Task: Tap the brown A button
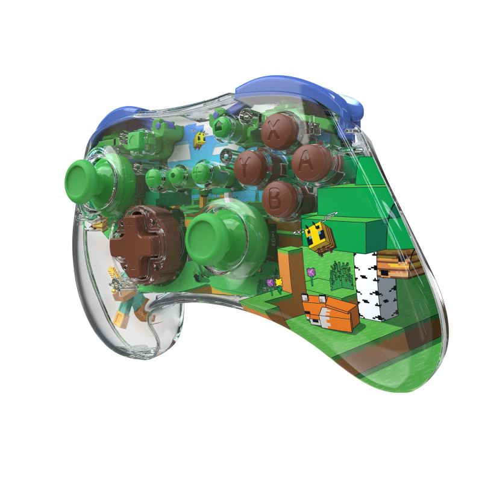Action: click(307, 163)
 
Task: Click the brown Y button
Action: click(251, 169)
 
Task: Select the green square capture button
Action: click(135, 140)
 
